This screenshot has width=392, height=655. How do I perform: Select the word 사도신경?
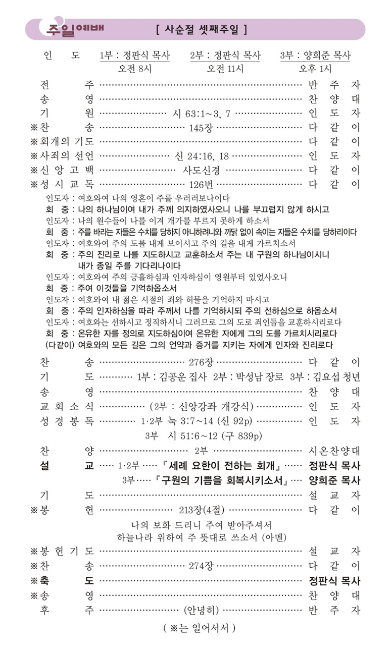[x=201, y=170]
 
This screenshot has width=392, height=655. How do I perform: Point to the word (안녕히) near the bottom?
[x=202, y=610]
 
